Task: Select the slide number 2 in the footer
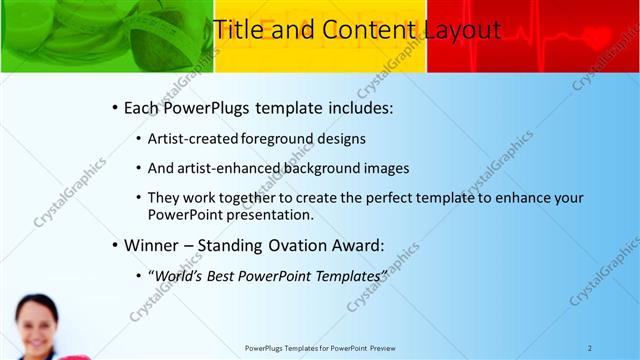pyautogui.click(x=590, y=348)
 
